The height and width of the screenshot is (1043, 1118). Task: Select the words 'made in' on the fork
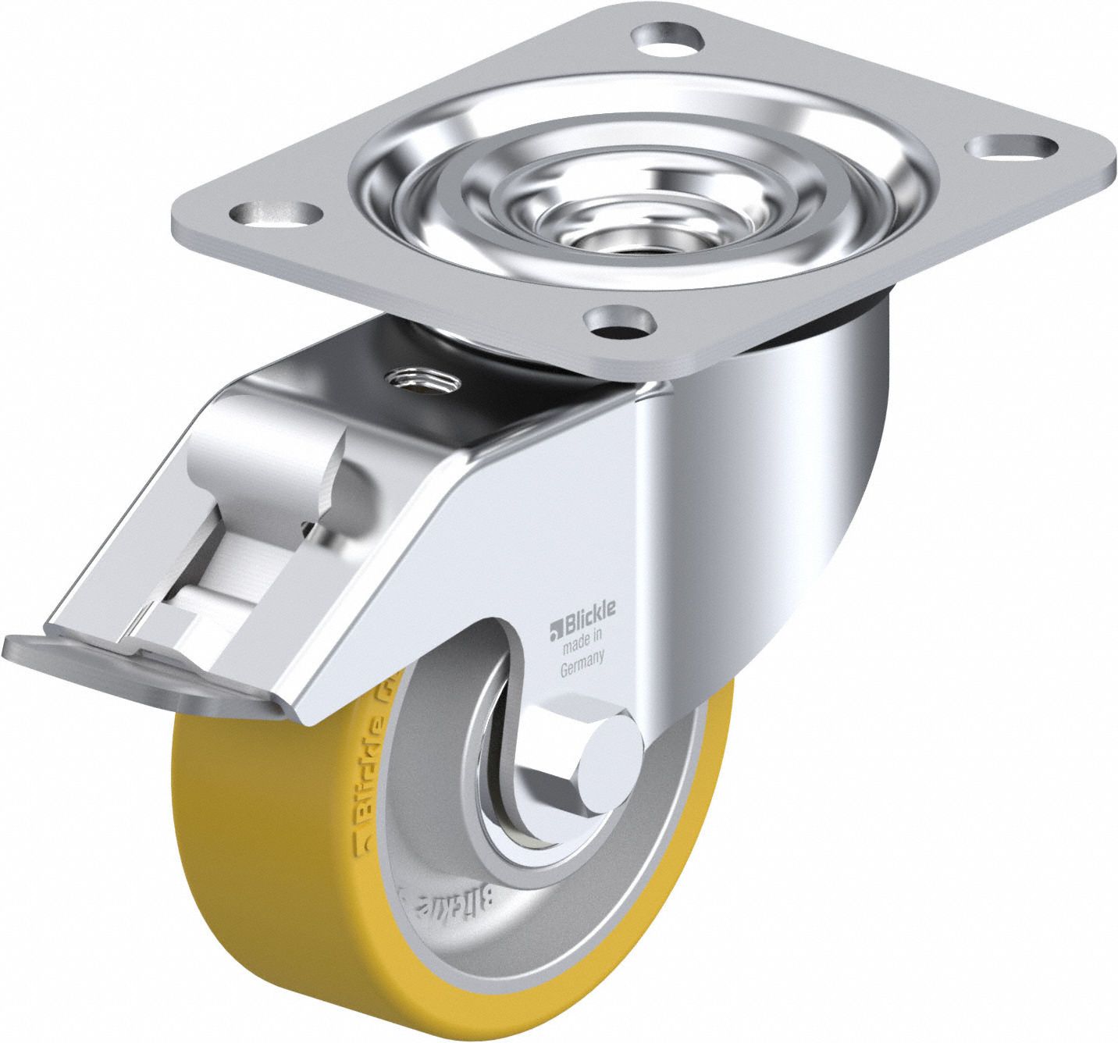(580, 643)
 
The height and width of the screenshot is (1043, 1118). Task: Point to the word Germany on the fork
(581, 660)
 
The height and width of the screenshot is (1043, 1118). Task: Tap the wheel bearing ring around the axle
(500, 812)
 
